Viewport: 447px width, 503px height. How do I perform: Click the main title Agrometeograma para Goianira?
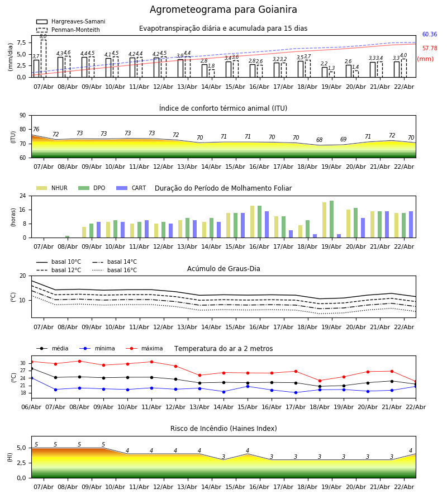pos(223,10)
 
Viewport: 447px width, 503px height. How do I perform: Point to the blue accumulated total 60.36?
pos(430,35)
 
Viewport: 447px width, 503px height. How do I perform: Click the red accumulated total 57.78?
pos(430,49)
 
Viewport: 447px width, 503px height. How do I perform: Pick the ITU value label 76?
pos(36,130)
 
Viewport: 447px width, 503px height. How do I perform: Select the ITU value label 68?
pos(319,140)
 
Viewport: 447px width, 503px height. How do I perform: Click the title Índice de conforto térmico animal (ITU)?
pos(223,108)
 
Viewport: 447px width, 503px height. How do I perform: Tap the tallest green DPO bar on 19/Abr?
pos(332,219)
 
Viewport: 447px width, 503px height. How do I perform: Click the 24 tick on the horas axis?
pos(23,196)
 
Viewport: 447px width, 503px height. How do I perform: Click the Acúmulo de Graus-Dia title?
pos(223,269)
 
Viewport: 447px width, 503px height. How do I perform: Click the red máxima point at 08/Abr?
pos(79,361)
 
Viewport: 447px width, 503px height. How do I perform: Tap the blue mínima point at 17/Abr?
pos(296,392)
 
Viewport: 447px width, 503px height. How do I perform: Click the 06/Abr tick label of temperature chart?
pos(32,407)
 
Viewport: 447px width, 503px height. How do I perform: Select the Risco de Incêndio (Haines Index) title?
pos(223,429)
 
